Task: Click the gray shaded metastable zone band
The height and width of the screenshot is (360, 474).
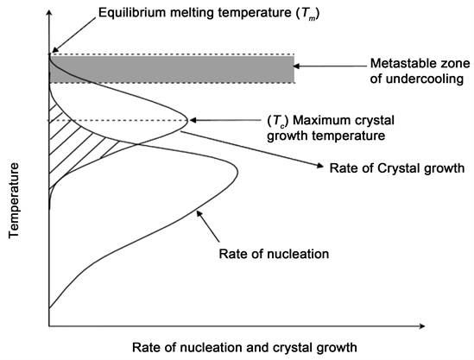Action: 173,70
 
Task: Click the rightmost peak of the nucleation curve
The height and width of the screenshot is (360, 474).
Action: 237,174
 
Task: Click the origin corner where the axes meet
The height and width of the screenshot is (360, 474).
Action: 49,326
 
